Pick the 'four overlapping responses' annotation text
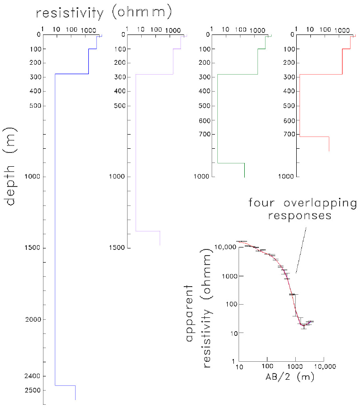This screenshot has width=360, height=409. point(302,209)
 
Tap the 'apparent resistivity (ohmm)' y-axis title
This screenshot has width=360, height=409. point(197,326)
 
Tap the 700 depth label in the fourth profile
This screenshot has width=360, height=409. point(284,134)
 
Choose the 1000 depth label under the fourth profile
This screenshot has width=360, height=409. point(283,177)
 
